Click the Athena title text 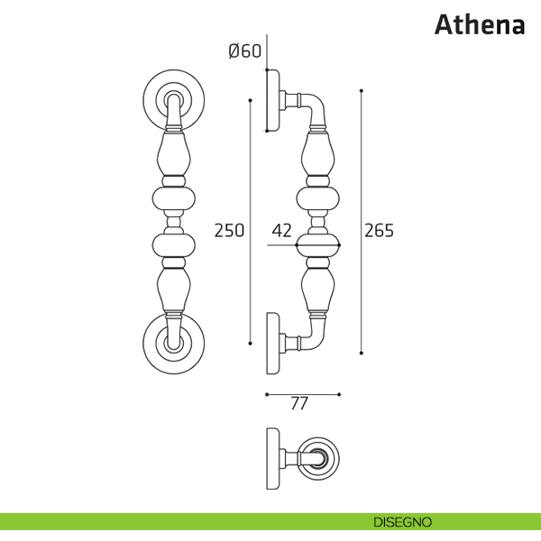click(480, 25)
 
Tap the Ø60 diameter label click(245, 51)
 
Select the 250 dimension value click(229, 231)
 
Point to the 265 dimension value click(379, 231)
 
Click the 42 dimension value click(281, 231)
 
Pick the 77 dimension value click(299, 403)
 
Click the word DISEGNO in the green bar click(403, 522)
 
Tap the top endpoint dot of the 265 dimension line click(362, 91)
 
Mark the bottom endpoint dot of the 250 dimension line click(250, 344)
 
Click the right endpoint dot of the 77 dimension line click(339, 394)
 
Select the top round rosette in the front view click(173, 100)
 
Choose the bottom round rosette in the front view click(173, 344)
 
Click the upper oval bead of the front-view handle click(173, 198)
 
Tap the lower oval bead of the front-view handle click(173, 245)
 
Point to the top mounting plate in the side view click(273, 100)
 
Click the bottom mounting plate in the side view click(273, 344)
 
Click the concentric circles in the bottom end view click(318, 459)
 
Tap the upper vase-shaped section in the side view click(317, 153)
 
